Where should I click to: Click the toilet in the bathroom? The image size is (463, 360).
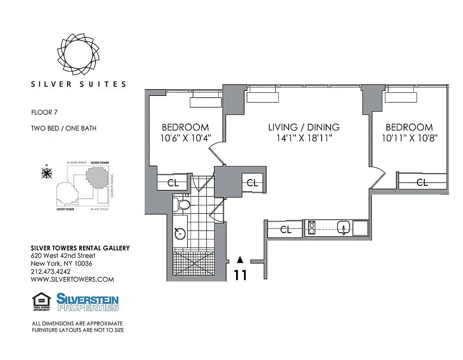[184, 205]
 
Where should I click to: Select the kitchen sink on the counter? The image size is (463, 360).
[343, 228]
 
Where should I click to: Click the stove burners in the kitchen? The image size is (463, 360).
[311, 228]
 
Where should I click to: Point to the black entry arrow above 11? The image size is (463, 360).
[240, 259]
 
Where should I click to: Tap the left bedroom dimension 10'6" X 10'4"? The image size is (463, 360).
[185, 138]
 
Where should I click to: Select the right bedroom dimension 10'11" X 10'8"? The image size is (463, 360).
[409, 138]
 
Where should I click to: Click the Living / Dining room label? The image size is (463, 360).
[304, 127]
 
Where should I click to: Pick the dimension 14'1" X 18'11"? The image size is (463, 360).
[304, 138]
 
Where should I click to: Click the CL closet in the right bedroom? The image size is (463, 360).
[422, 183]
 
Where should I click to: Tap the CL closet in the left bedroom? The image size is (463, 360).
[173, 183]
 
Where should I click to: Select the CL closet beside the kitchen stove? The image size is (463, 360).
[286, 229]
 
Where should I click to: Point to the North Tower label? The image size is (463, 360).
[100, 162]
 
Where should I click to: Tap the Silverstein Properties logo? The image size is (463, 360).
[87, 302]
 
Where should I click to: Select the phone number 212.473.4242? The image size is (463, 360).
[50, 271]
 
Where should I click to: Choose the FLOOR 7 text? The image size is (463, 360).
[45, 112]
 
